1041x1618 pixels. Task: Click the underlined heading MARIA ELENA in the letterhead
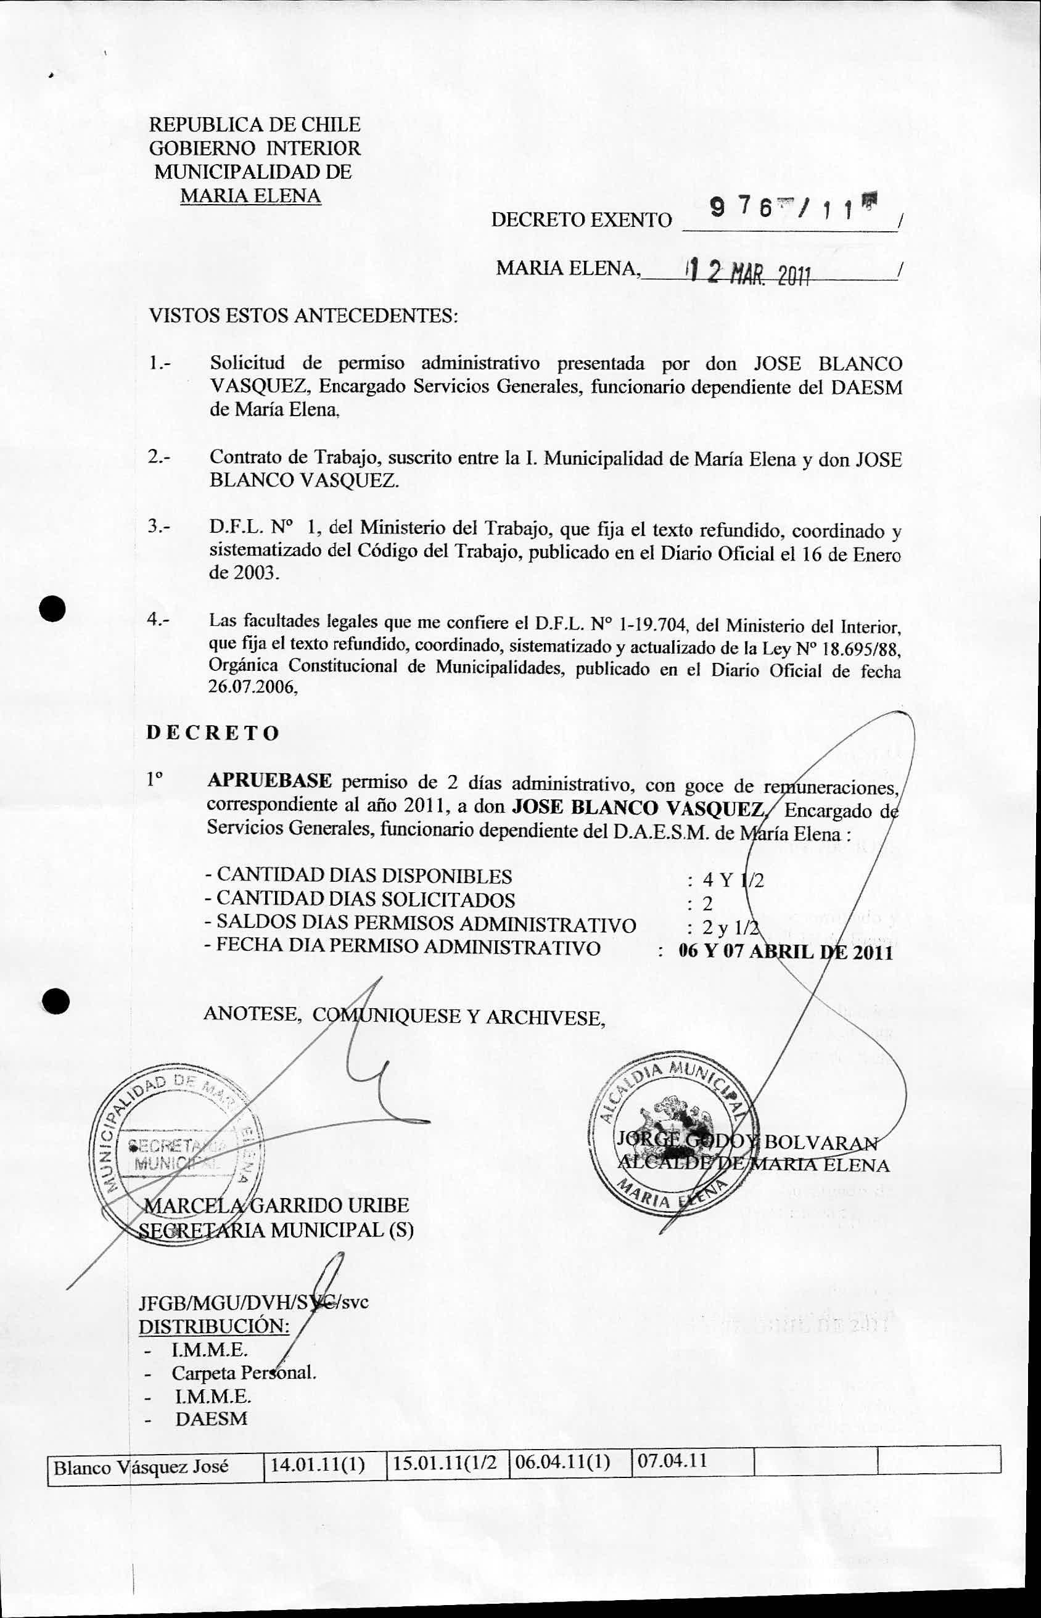pyautogui.click(x=250, y=196)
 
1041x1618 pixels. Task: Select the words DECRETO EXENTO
pyautogui.click(x=582, y=220)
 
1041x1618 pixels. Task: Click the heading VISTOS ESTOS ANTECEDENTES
pyautogui.click(x=303, y=316)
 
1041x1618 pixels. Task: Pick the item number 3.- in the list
pyautogui.click(x=160, y=526)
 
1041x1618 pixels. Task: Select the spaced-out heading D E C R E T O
pyautogui.click(x=212, y=734)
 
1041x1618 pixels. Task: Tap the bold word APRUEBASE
pyautogui.click(x=269, y=781)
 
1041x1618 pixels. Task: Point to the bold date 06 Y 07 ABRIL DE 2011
pyautogui.click(x=786, y=951)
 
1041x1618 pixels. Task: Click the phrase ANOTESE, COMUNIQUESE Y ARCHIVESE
pyautogui.click(x=403, y=1016)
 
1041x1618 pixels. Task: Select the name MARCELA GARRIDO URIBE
pyautogui.click(x=277, y=1205)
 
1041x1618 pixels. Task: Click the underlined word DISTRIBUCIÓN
pyautogui.click(x=213, y=1326)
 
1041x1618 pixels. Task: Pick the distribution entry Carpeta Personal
pyautogui.click(x=244, y=1373)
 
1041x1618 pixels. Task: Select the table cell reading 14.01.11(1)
pyautogui.click(x=318, y=1464)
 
